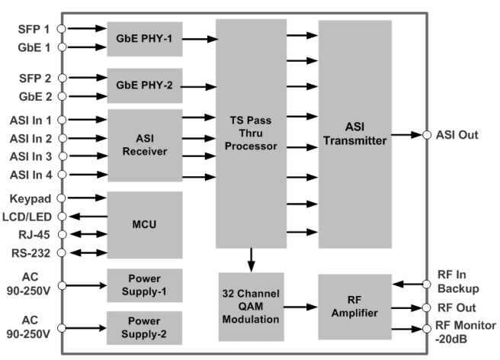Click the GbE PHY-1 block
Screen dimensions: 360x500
[x=144, y=38]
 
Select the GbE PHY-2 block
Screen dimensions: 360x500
[x=144, y=87]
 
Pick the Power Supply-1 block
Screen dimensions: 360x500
[x=144, y=285]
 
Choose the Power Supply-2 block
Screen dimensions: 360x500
[x=144, y=328]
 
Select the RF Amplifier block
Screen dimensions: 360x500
[x=354, y=307]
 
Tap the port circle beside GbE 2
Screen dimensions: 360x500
[x=62, y=96]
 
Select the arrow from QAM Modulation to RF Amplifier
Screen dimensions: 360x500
[x=300, y=307]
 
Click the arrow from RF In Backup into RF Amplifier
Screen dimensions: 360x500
[x=407, y=284]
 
